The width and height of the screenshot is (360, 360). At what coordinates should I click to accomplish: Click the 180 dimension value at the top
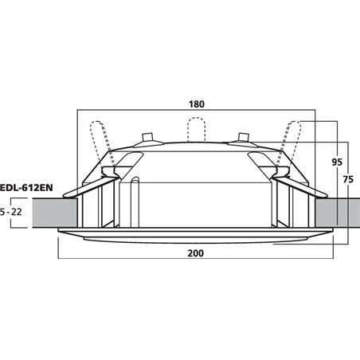[196, 103]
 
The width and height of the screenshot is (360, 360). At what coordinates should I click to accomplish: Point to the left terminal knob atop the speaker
[147, 137]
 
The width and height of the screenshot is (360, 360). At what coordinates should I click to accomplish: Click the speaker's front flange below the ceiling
[195, 236]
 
